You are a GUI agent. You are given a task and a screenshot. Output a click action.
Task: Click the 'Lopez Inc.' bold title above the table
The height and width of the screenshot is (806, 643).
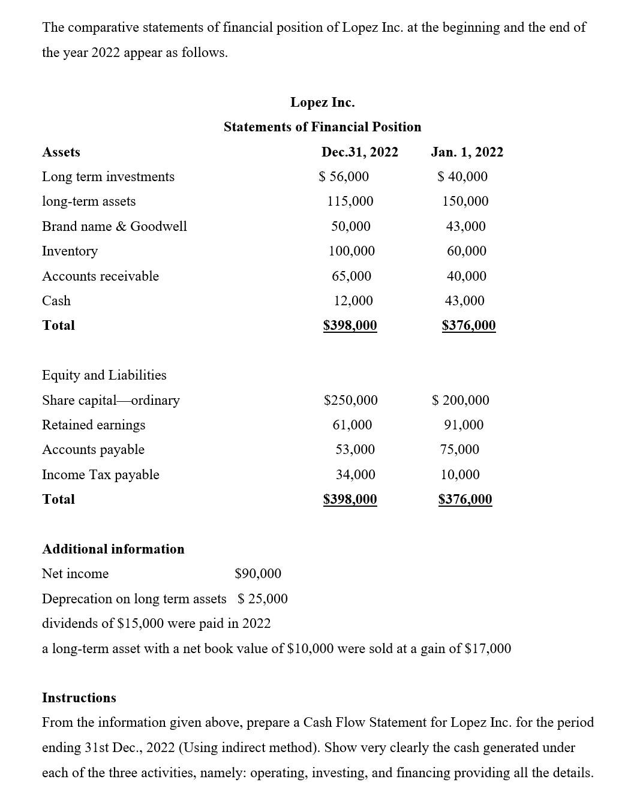322,103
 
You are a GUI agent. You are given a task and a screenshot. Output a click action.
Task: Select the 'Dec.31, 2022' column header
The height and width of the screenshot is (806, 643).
359,152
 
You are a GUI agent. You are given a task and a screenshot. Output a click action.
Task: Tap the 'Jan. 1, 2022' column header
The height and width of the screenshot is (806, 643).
467,152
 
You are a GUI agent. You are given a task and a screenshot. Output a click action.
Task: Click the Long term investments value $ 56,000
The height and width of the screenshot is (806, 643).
344,177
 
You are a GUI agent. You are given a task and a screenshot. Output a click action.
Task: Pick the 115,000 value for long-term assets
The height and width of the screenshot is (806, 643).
350,201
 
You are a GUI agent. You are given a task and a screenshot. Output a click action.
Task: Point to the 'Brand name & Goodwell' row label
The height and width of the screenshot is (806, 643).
114,226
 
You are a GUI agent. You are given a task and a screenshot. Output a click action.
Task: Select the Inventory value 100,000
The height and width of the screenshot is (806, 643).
351,251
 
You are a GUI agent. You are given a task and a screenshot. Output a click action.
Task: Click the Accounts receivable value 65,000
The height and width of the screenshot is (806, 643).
351,276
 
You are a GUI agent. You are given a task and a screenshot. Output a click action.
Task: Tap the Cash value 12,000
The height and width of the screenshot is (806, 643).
353,301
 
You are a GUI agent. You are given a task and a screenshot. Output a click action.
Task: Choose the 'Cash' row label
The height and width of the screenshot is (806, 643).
56,301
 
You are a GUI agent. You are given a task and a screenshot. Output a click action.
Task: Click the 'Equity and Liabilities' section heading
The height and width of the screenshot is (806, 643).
104,375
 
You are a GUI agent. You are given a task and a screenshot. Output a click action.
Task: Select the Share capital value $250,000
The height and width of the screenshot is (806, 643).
351,401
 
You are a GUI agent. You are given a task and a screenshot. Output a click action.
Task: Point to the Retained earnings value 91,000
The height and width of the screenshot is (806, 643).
464,425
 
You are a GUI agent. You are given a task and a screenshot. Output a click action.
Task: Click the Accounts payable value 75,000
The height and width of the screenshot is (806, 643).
460,450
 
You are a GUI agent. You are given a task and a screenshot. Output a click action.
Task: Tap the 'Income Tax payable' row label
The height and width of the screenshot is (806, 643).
101,475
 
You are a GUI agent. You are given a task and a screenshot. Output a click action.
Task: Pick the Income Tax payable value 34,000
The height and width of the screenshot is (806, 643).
355,475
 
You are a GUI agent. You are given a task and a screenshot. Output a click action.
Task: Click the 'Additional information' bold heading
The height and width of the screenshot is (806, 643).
113,549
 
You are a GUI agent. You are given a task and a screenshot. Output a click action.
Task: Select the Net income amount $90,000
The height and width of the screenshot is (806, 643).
258,574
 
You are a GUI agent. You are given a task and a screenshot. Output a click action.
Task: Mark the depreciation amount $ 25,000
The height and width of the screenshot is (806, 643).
263,599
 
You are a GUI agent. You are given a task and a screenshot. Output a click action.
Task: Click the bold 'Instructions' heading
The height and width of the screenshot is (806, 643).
79,698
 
